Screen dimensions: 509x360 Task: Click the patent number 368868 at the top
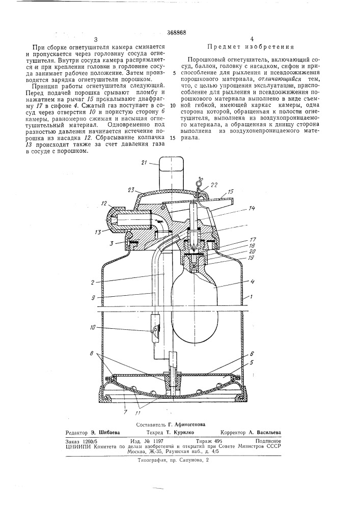tap(176, 32)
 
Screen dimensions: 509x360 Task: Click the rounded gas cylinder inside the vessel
tap(196, 305)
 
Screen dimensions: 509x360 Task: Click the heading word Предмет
tap(226, 46)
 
